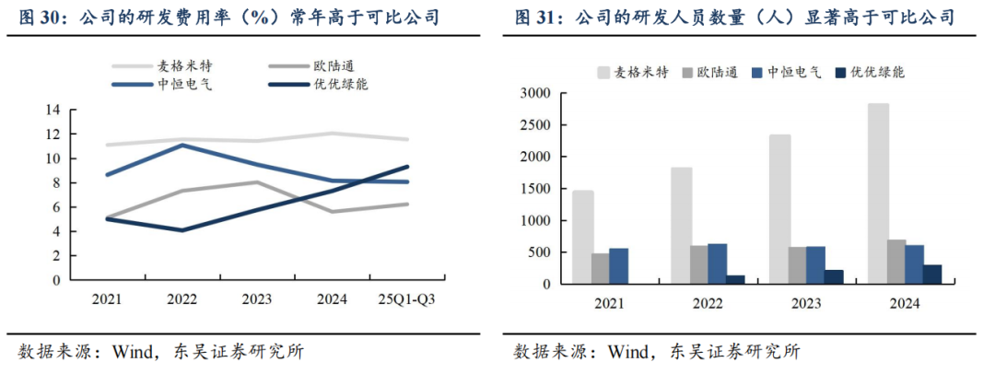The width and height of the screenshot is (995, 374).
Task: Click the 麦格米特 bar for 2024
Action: coord(878,193)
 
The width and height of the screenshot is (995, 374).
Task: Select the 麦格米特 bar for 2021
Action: coord(582,237)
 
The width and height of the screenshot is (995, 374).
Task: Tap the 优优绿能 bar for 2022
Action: coord(735,279)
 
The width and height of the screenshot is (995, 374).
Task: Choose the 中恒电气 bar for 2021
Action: coord(618,265)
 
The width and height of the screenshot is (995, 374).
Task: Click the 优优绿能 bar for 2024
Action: coord(932,275)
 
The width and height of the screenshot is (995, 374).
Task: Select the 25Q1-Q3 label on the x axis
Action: coord(408,299)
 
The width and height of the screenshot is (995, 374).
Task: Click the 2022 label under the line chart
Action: coord(181,299)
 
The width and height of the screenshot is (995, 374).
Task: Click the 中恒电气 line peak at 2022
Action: coord(181,145)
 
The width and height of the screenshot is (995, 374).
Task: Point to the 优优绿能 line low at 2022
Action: coord(181,229)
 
